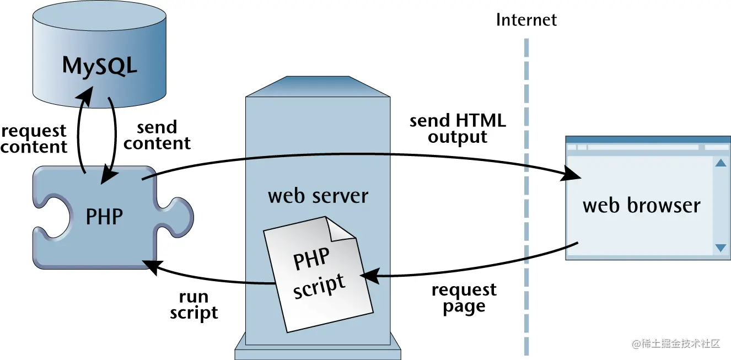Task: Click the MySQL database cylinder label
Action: click(x=99, y=65)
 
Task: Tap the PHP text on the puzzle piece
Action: click(x=104, y=217)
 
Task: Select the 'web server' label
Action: click(x=318, y=196)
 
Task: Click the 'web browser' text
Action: click(x=641, y=206)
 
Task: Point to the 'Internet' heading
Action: click(x=526, y=20)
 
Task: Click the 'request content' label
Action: click(x=34, y=139)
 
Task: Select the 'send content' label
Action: click(x=157, y=135)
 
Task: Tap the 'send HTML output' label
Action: click(x=458, y=128)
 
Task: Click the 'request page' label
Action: click(x=464, y=298)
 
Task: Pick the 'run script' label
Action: click(x=193, y=305)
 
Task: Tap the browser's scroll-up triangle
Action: click(x=721, y=163)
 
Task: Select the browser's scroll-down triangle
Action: click(x=721, y=248)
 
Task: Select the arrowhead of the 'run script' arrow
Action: click(x=151, y=265)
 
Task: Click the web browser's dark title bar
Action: click(x=648, y=139)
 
